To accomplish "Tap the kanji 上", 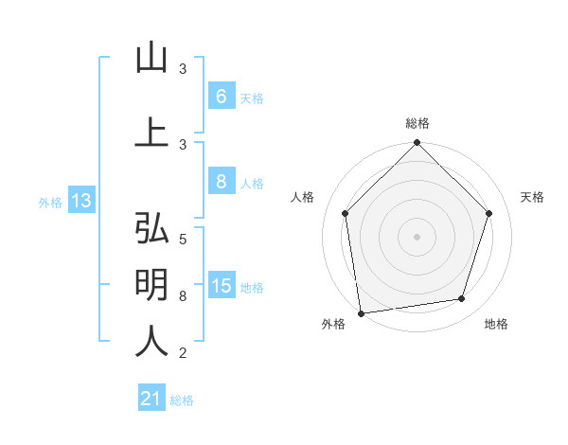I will (x=151, y=132).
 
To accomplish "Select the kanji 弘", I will (x=151, y=229).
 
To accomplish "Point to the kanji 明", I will (x=151, y=284).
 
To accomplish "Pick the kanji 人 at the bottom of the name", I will (x=151, y=340).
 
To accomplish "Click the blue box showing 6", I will (x=221, y=97).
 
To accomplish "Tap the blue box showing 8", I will (x=221, y=183).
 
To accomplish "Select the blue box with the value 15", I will (x=222, y=286).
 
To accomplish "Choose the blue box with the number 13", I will (x=81, y=200).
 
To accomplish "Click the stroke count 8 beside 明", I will (x=183, y=296).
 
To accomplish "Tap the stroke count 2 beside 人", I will (x=183, y=353).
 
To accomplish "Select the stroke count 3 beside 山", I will (x=183, y=69).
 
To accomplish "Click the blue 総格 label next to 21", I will (x=182, y=400).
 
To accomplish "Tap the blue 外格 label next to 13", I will (x=50, y=202).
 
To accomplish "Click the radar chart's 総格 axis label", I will (x=417, y=123).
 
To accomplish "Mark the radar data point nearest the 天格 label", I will (x=489, y=213).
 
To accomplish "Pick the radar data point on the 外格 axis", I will (x=361, y=312).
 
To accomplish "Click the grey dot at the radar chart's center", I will (x=417, y=236).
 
